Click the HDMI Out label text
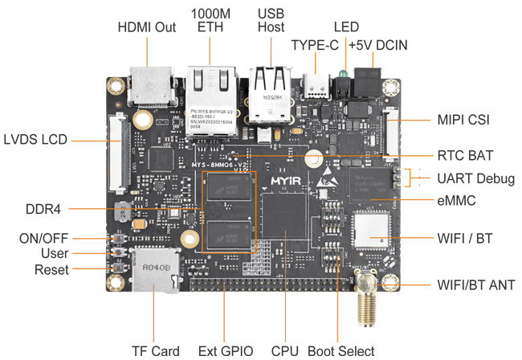(x=147, y=27)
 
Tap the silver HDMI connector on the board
(x=151, y=85)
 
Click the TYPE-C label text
(x=315, y=45)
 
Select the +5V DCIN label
(x=378, y=45)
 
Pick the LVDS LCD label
(x=35, y=139)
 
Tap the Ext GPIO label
(x=226, y=350)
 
